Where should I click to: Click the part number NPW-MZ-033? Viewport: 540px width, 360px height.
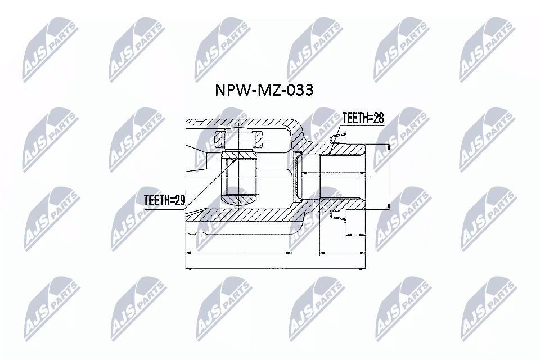264,91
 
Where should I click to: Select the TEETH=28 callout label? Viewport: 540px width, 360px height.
362,118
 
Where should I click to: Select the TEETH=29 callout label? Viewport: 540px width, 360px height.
164,200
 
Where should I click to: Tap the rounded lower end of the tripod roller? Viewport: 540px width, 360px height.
240,199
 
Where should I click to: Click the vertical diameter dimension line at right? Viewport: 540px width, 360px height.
389,177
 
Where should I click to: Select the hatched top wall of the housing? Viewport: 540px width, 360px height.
242,122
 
